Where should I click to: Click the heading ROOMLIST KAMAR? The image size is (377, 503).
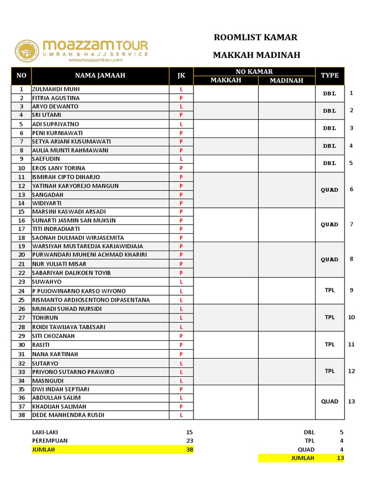(256, 38)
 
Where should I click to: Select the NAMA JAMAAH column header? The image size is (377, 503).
(100, 75)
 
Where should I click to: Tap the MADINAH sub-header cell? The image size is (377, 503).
(286, 81)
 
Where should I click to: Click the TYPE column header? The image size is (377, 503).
(330, 75)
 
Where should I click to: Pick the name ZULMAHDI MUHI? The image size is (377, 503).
(55, 89)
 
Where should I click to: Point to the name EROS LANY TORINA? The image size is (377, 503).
(58, 168)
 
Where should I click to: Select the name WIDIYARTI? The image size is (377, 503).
(47, 203)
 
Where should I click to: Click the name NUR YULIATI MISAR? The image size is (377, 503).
(58, 264)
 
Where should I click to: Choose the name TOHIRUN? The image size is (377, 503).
(45, 317)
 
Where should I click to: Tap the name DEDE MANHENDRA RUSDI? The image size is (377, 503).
(68, 415)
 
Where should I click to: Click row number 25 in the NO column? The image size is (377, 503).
(21, 300)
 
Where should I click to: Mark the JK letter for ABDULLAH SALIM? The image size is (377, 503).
(181, 397)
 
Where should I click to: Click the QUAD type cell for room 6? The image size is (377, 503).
(330, 190)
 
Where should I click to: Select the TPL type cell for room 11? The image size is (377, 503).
(330, 344)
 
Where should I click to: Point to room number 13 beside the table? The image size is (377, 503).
(351, 401)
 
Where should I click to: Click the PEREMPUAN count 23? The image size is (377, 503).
(189, 441)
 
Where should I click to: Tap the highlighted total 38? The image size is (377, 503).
(189, 449)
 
